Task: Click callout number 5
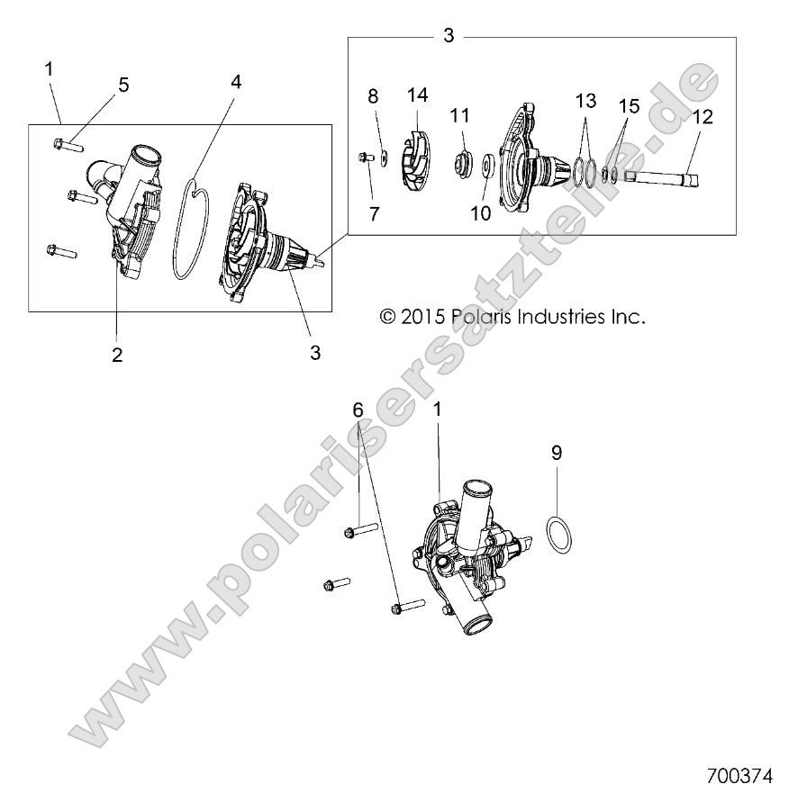coord(123,85)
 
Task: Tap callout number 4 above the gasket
coord(236,81)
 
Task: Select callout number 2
coord(117,355)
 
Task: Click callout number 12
coord(703,115)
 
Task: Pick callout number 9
coord(557,453)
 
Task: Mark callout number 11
coord(460,115)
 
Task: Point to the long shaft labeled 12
coord(662,180)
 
